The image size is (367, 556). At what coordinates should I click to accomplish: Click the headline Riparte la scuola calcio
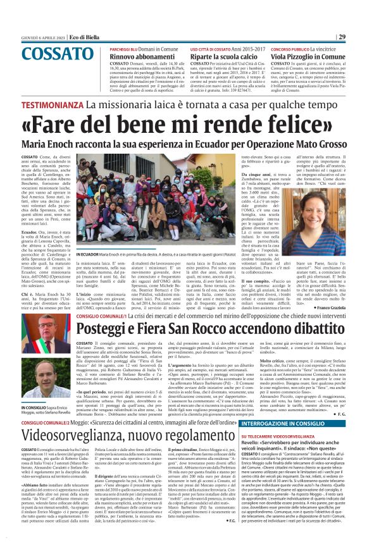(224, 56)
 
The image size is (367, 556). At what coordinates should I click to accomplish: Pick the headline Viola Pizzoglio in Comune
(309, 56)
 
